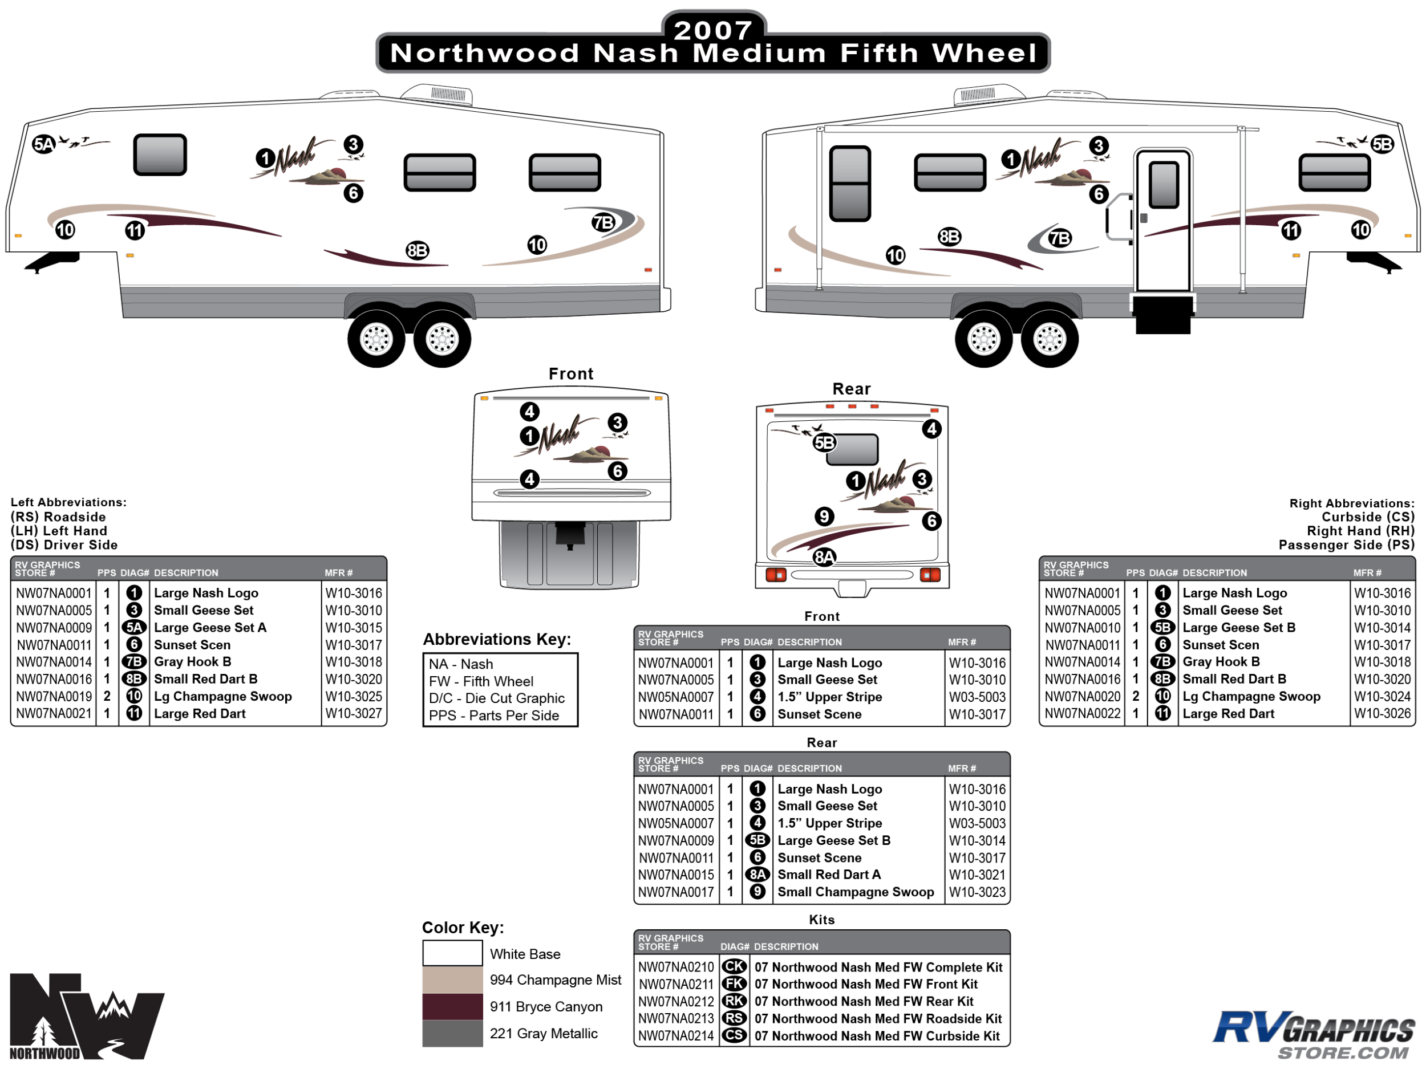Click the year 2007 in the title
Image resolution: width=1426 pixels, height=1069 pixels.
click(x=713, y=30)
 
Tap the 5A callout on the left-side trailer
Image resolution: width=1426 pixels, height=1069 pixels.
click(x=44, y=144)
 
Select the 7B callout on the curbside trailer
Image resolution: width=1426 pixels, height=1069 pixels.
click(x=1059, y=238)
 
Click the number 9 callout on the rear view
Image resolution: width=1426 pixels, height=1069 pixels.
click(x=824, y=516)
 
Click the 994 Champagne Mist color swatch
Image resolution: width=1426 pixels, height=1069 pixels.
click(x=452, y=980)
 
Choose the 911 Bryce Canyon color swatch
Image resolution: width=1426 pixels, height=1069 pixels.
click(x=452, y=1006)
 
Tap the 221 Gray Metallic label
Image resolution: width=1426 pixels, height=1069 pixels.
click(x=544, y=1034)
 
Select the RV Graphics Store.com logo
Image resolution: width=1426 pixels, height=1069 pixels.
click(x=1313, y=1035)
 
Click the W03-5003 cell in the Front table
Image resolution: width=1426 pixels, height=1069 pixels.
click(x=977, y=697)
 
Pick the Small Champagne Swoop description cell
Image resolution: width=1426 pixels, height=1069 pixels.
click(x=856, y=892)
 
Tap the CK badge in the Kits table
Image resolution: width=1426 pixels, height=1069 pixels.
click(x=734, y=967)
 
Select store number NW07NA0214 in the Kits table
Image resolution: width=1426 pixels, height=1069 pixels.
click(x=675, y=1036)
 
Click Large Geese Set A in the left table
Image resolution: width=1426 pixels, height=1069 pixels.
click(x=210, y=628)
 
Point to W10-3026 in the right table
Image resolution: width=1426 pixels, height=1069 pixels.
click(x=1382, y=714)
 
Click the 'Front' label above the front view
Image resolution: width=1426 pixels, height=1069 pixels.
click(x=570, y=374)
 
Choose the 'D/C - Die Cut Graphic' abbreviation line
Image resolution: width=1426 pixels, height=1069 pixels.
click(x=496, y=698)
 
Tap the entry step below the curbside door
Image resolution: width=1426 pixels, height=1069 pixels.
click(x=1163, y=315)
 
